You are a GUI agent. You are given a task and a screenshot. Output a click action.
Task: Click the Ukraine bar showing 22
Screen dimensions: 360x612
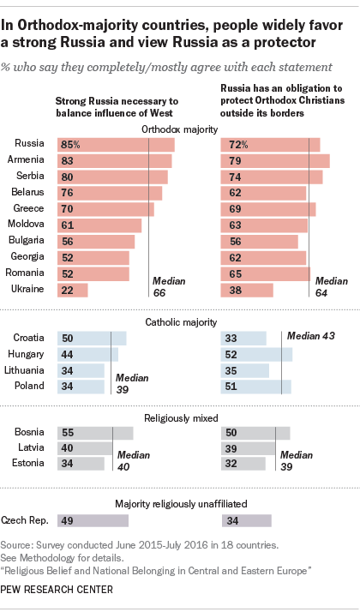coord(73,291)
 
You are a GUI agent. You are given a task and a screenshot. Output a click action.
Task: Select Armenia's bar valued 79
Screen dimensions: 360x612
coord(275,161)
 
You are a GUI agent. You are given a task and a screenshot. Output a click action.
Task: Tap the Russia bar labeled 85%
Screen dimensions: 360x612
coord(116,145)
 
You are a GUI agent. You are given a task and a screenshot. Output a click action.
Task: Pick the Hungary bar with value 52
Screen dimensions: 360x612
coord(256,355)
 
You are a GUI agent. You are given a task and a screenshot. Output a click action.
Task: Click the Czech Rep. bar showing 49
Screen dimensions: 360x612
coord(93,520)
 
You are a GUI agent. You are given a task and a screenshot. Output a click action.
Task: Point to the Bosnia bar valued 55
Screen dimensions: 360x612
coord(95,433)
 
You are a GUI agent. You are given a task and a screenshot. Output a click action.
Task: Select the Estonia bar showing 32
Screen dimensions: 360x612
coord(243,464)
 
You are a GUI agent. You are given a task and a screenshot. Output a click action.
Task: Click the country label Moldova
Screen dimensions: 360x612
coord(27,224)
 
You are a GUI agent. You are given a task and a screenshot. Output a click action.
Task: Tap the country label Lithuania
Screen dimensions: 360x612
coord(24,369)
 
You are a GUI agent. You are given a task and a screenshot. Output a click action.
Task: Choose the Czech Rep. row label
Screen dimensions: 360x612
coord(25,520)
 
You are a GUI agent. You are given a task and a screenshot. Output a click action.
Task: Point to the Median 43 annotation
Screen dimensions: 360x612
coord(311,336)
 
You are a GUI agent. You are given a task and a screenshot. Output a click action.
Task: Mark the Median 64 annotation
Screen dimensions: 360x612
coord(332,286)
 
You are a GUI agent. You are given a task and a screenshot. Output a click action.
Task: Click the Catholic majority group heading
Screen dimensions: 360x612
coord(181,322)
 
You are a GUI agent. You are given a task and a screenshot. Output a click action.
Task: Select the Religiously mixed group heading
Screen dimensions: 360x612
coord(181,418)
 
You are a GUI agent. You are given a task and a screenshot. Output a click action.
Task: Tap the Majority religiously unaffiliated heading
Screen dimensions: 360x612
coord(181,504)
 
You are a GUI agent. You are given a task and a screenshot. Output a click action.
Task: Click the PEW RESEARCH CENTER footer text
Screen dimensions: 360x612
coord(57,589)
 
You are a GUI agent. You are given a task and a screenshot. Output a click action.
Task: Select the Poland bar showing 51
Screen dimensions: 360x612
coord(256,387)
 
